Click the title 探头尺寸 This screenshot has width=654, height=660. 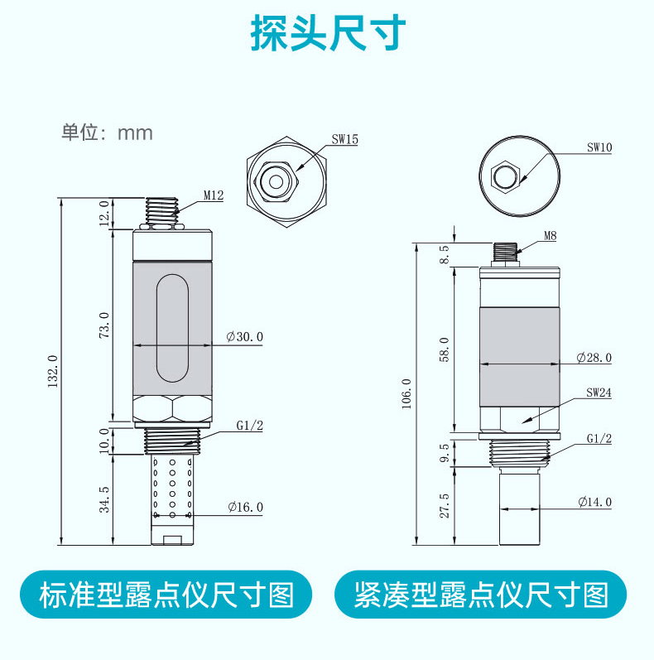click(327, 34)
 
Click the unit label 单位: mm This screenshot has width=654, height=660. click(108, 132)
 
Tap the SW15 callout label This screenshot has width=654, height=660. click(344, 140)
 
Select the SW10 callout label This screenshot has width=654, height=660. click(599, 147)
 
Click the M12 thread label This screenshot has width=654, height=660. click(214, 196)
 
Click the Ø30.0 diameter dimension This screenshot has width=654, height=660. click(245, 337)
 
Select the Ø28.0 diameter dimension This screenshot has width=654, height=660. click(594, 357)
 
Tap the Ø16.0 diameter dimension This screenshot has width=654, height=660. click(245, 507)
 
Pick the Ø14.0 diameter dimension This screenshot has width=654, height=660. click(594, 502)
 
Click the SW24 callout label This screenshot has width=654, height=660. click(598, 393)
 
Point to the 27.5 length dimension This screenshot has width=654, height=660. click(444, 505)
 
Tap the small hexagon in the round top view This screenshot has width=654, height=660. click(504, 176)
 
